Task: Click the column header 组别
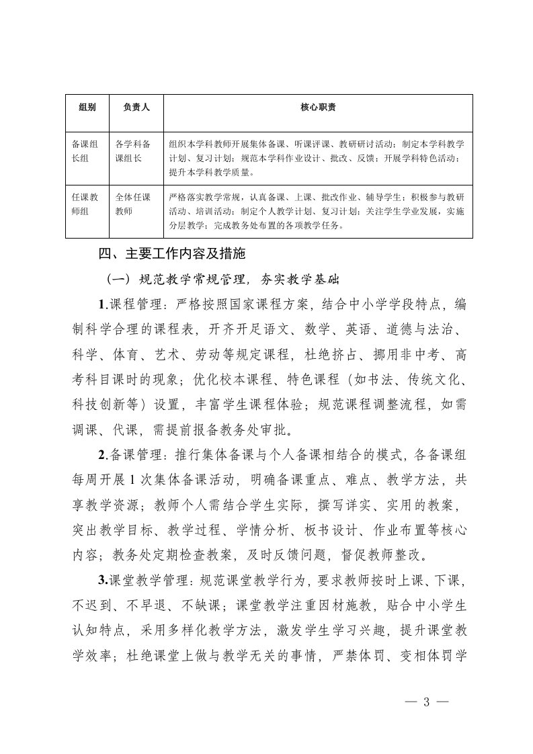87,107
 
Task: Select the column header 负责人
136,107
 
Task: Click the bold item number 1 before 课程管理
101,304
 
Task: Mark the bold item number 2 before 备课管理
101,455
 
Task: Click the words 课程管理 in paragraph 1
132,304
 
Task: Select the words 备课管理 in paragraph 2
132,455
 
